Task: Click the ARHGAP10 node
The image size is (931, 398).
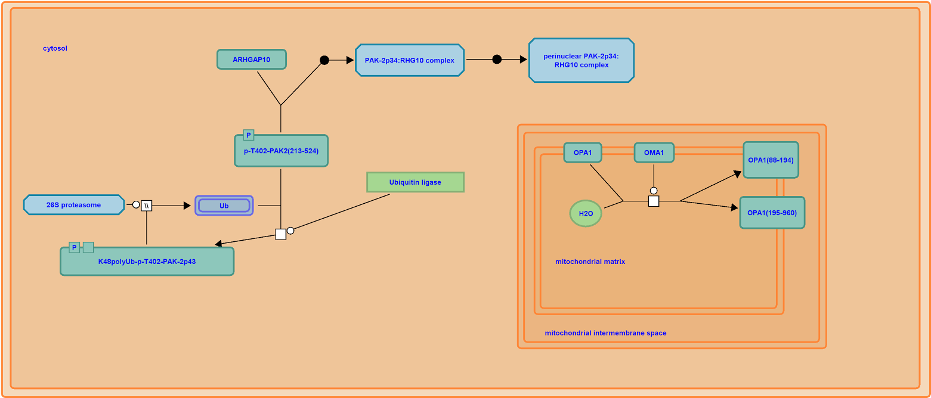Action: pyautogui.click(x=251, y=60)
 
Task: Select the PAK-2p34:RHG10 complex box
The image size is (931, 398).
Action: pyautogui.click(x=409, y=60)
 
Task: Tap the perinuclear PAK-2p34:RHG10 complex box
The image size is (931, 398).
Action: pyautogui.click(x=581, y=60)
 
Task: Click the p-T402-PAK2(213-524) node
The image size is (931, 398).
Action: pyautogui.click(x=281, y=151)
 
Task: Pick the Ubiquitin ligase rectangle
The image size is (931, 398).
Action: pyautogui.click(x=415, y=182)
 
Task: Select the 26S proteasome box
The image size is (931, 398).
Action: pyautogui.click(x=73, y=205)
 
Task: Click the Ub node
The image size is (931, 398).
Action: pyautogui.click(x=224, y=206)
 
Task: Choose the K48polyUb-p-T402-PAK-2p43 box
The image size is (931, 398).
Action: pyautogui.click(x=147, y=262)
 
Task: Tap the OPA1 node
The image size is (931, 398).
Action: pyautogui.click(x=583, y=153)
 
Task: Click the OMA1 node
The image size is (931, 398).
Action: pyautogui.click(x=654, y=153)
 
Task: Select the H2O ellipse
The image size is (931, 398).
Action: pyautogui.click(x=586, y=213)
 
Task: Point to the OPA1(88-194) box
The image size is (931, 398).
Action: pyautogui.click(x=771, y=160)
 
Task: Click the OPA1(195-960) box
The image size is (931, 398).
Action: pyautogui.click(x=772, y=213)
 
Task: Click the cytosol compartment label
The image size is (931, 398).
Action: pyautogui.click(x=55, y=48)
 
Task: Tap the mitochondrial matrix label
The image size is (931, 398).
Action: pyautogui.click(x=590, y=262)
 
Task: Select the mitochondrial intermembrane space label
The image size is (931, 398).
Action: pyautogui.click(x=605, y=333)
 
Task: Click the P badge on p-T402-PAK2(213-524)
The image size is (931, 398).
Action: pyautogui.click(x=249, y=135)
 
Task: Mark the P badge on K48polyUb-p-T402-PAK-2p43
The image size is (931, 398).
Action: pyautogui.click(x=74, y=247)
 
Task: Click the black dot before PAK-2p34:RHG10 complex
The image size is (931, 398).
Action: pyautogui.click(x=324, y=60)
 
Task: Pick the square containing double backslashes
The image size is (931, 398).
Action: pyautogui.click(x=147, y=206)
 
